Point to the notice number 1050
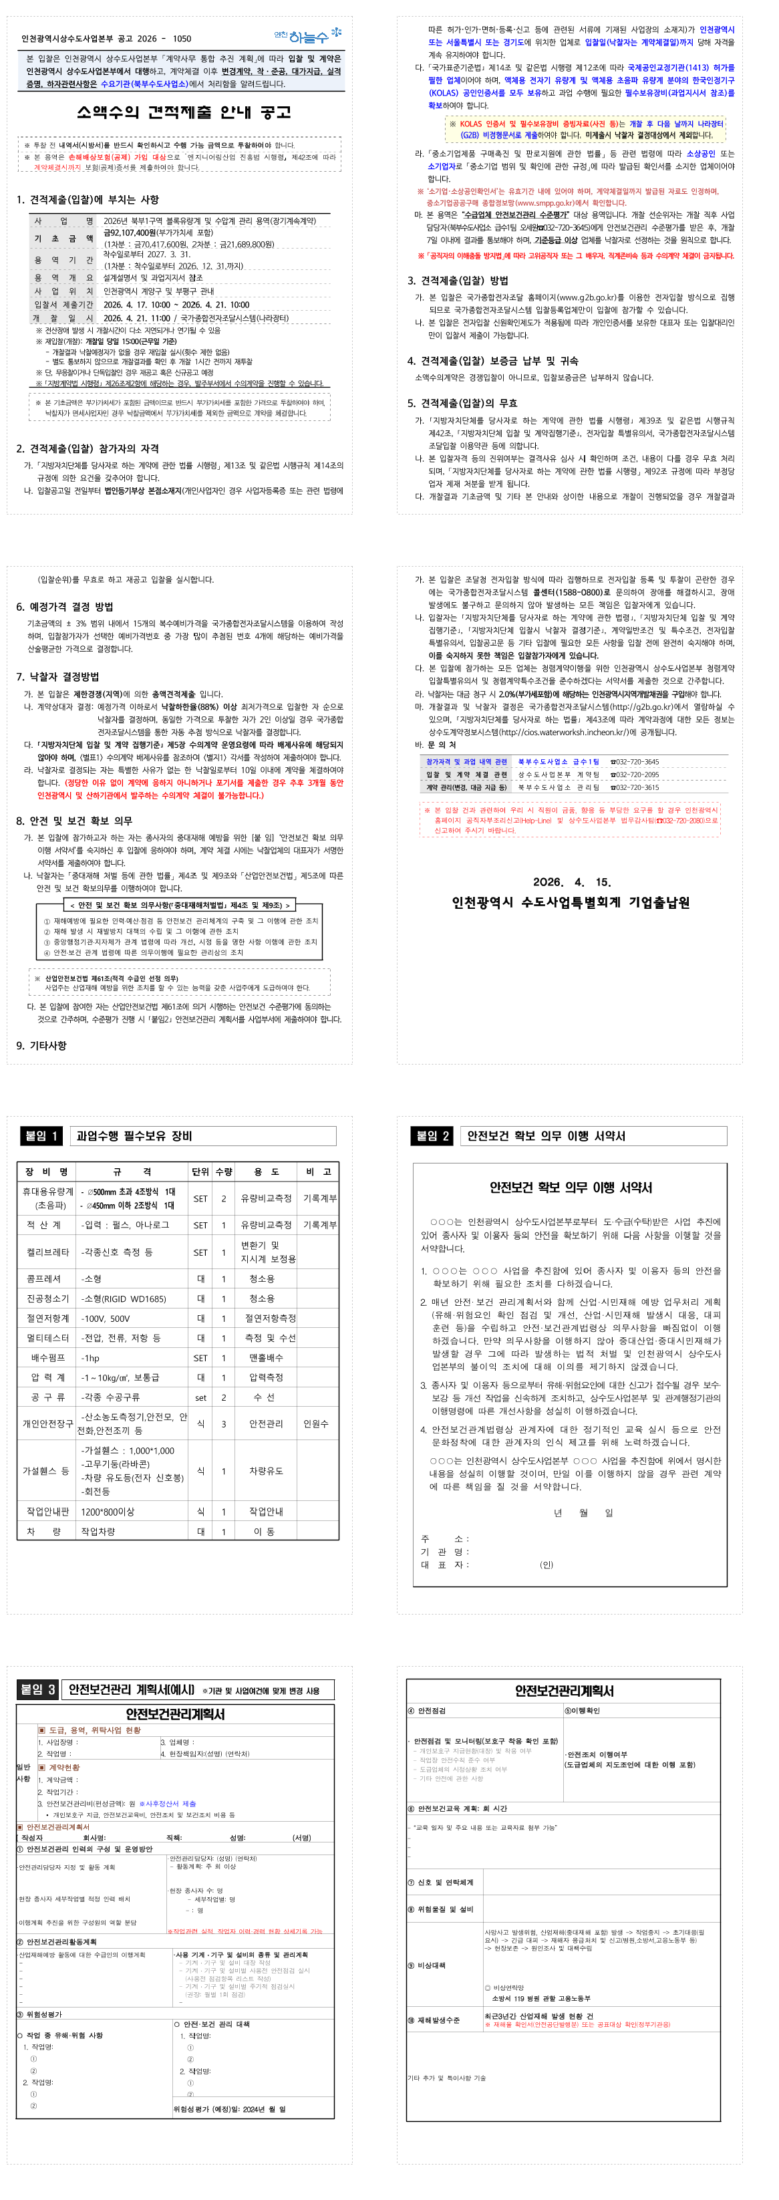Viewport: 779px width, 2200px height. (x=182, y=39)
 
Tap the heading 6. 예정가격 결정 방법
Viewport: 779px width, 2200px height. (x=65, y=606)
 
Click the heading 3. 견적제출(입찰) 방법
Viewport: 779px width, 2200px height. (x=457, y=280)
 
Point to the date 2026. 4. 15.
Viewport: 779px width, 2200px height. (x=571, y=881)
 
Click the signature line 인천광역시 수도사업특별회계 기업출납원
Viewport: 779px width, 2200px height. (x=571, y=902)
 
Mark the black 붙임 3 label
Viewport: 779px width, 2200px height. (x=39, y=1689)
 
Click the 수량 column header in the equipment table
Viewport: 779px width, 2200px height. (x=224, y=1172)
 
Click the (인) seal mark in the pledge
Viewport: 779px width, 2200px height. (x=547, y=1564)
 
